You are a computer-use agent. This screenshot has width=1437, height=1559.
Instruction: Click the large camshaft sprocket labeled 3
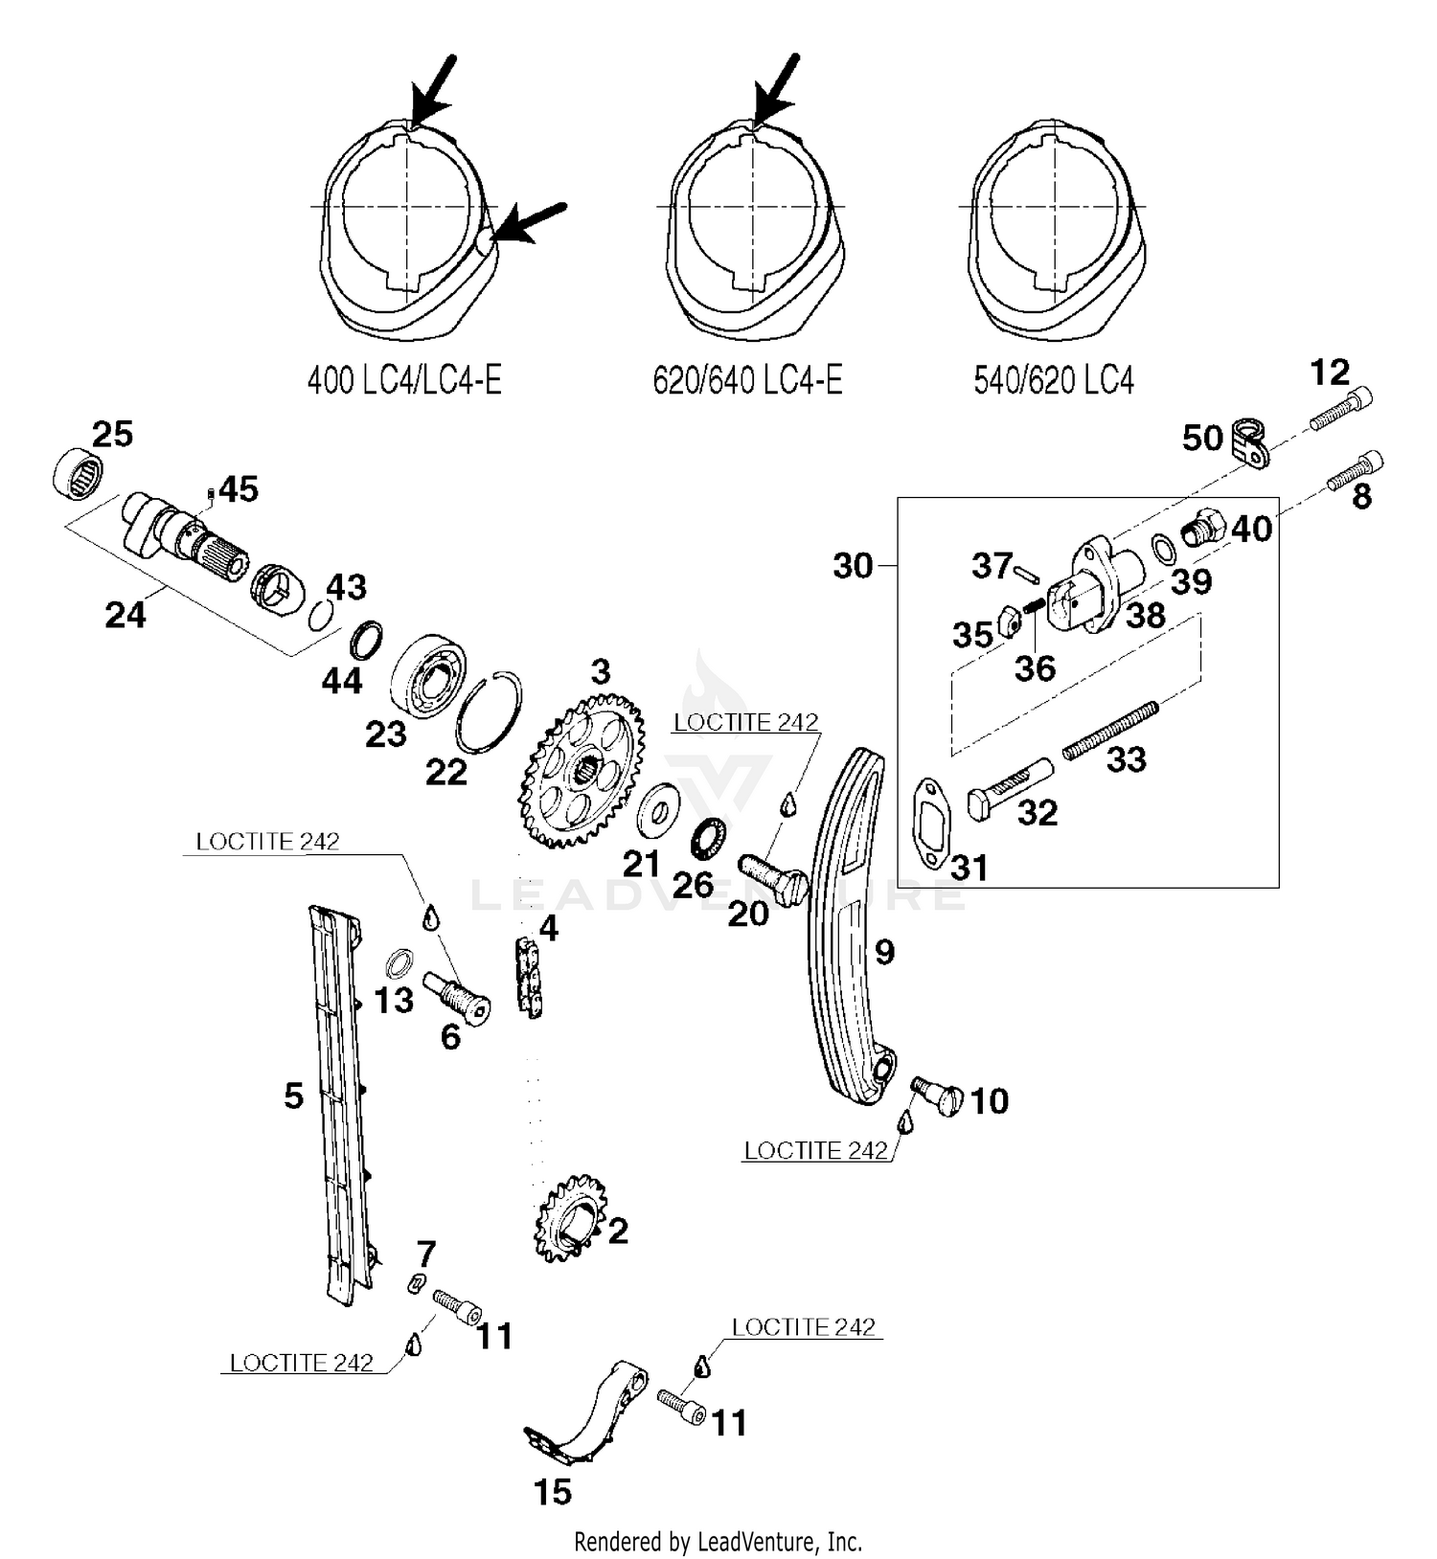pos(581,771)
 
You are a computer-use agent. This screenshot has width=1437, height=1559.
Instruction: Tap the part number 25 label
pos(112,435)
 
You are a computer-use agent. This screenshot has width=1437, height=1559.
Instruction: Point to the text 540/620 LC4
pos(1053,381)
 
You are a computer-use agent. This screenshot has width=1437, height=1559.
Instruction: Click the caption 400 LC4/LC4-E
pos(403,381)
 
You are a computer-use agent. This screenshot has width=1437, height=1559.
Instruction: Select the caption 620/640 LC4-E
pos(747,381)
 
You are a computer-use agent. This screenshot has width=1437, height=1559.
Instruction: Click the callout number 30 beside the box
pos(852,567)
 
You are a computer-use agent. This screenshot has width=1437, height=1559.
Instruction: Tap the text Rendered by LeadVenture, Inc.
pos(718,1542)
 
